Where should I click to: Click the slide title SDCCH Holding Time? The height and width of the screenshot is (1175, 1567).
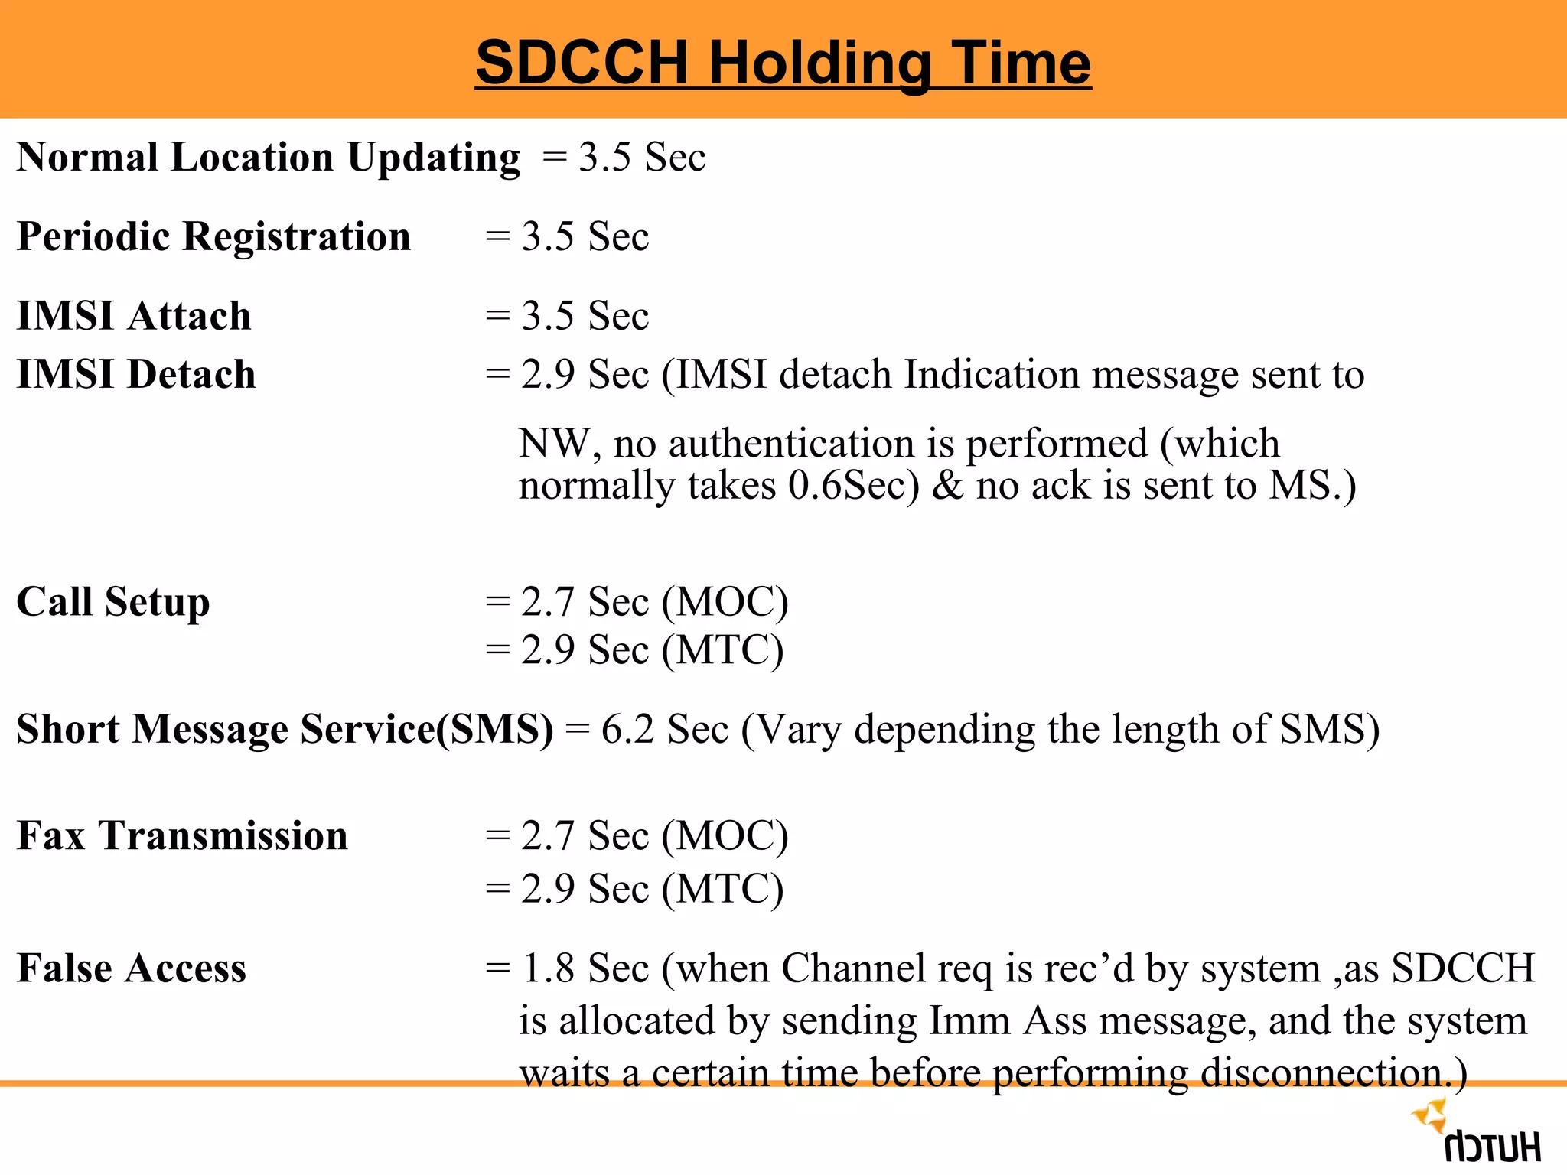[x=783, y=63]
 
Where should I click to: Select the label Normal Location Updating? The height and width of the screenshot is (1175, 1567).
[x=268, y=158]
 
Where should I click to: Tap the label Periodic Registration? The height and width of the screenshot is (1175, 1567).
[x=213, y=236]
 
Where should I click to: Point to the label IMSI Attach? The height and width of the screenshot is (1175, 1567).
[x=134, y=316]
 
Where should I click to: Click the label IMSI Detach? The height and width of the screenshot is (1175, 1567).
[x=136, y=375]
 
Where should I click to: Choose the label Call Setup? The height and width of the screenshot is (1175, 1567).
[x=113, y=602]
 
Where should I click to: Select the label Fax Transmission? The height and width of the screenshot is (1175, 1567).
[x=182, y=835]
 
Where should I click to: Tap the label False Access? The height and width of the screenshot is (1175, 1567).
[x=132, y=968]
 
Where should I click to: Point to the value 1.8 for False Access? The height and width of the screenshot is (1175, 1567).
[x=548, y=968]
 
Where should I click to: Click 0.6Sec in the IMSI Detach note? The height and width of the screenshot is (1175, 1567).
[x=853, y=486]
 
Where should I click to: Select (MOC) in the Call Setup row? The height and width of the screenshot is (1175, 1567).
[x=725, y=602]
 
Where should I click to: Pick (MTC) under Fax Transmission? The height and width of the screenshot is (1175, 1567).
[x=722, y=890]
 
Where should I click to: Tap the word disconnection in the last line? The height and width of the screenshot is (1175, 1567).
[x=1322, y=1073]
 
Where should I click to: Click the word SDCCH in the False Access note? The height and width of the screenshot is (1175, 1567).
[x=1462, y=968]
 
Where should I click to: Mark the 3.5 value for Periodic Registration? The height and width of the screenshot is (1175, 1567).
[x=548, y=236]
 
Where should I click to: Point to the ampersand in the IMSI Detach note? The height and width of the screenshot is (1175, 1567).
[x=947, y=486]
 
